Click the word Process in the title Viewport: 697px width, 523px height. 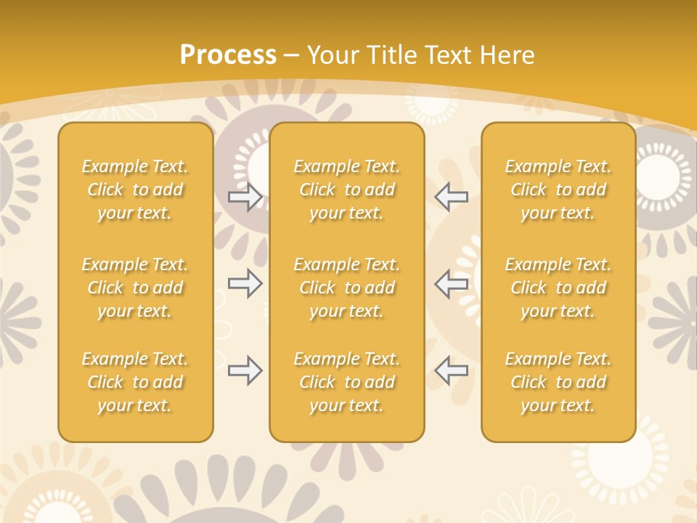click(x=228, y=54)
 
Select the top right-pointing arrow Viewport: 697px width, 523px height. click(x=245, y=197)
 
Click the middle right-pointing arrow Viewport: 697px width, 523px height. click(x=245, y=283)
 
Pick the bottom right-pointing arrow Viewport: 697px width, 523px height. click(x=245, y=370)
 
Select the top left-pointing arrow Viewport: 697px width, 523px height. click(x=451, y=197)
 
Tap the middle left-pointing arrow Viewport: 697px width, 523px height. click(x=451, y=283)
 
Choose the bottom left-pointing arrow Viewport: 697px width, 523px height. click(x=451, y=370)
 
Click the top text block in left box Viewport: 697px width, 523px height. click(x=135, y=190)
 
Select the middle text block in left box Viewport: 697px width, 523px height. click(x=135, y=288)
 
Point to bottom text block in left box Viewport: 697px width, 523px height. click(x=135, y=382)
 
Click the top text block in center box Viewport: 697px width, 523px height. click(x=346, y=190)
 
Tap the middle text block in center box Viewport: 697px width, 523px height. click(x=346, y=288)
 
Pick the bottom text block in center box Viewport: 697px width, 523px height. click(x=346, y=382)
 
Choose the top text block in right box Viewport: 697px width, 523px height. click(x=558, y=190)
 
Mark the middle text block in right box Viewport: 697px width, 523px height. click(x=558, y=288)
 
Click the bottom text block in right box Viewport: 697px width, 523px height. click(x=558, y=382)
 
